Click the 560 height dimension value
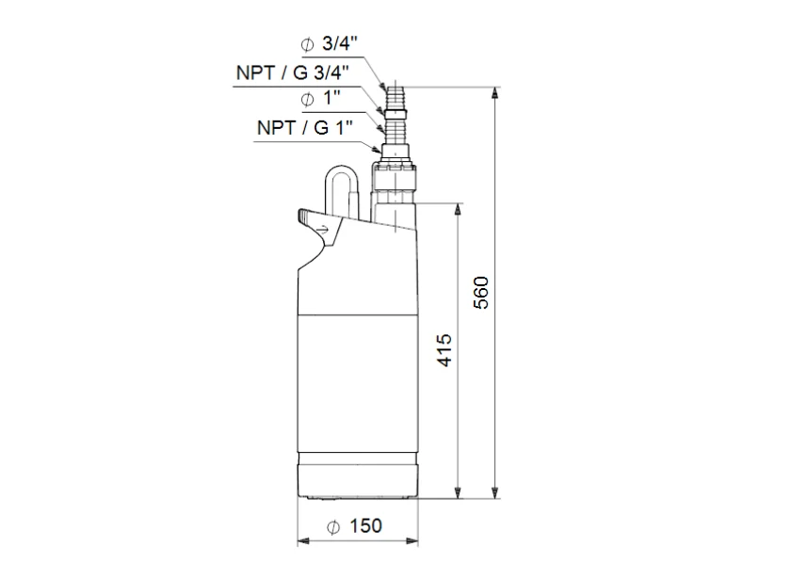(482, 293)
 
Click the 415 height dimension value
(444, 350)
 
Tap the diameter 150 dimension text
(354, 526)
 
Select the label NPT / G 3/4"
(293, 73)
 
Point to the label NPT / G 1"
(305, 128)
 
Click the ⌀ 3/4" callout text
(330, 44)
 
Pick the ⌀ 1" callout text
(321, 98)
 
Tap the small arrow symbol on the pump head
(322, 230)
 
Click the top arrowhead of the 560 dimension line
(495, 93)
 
